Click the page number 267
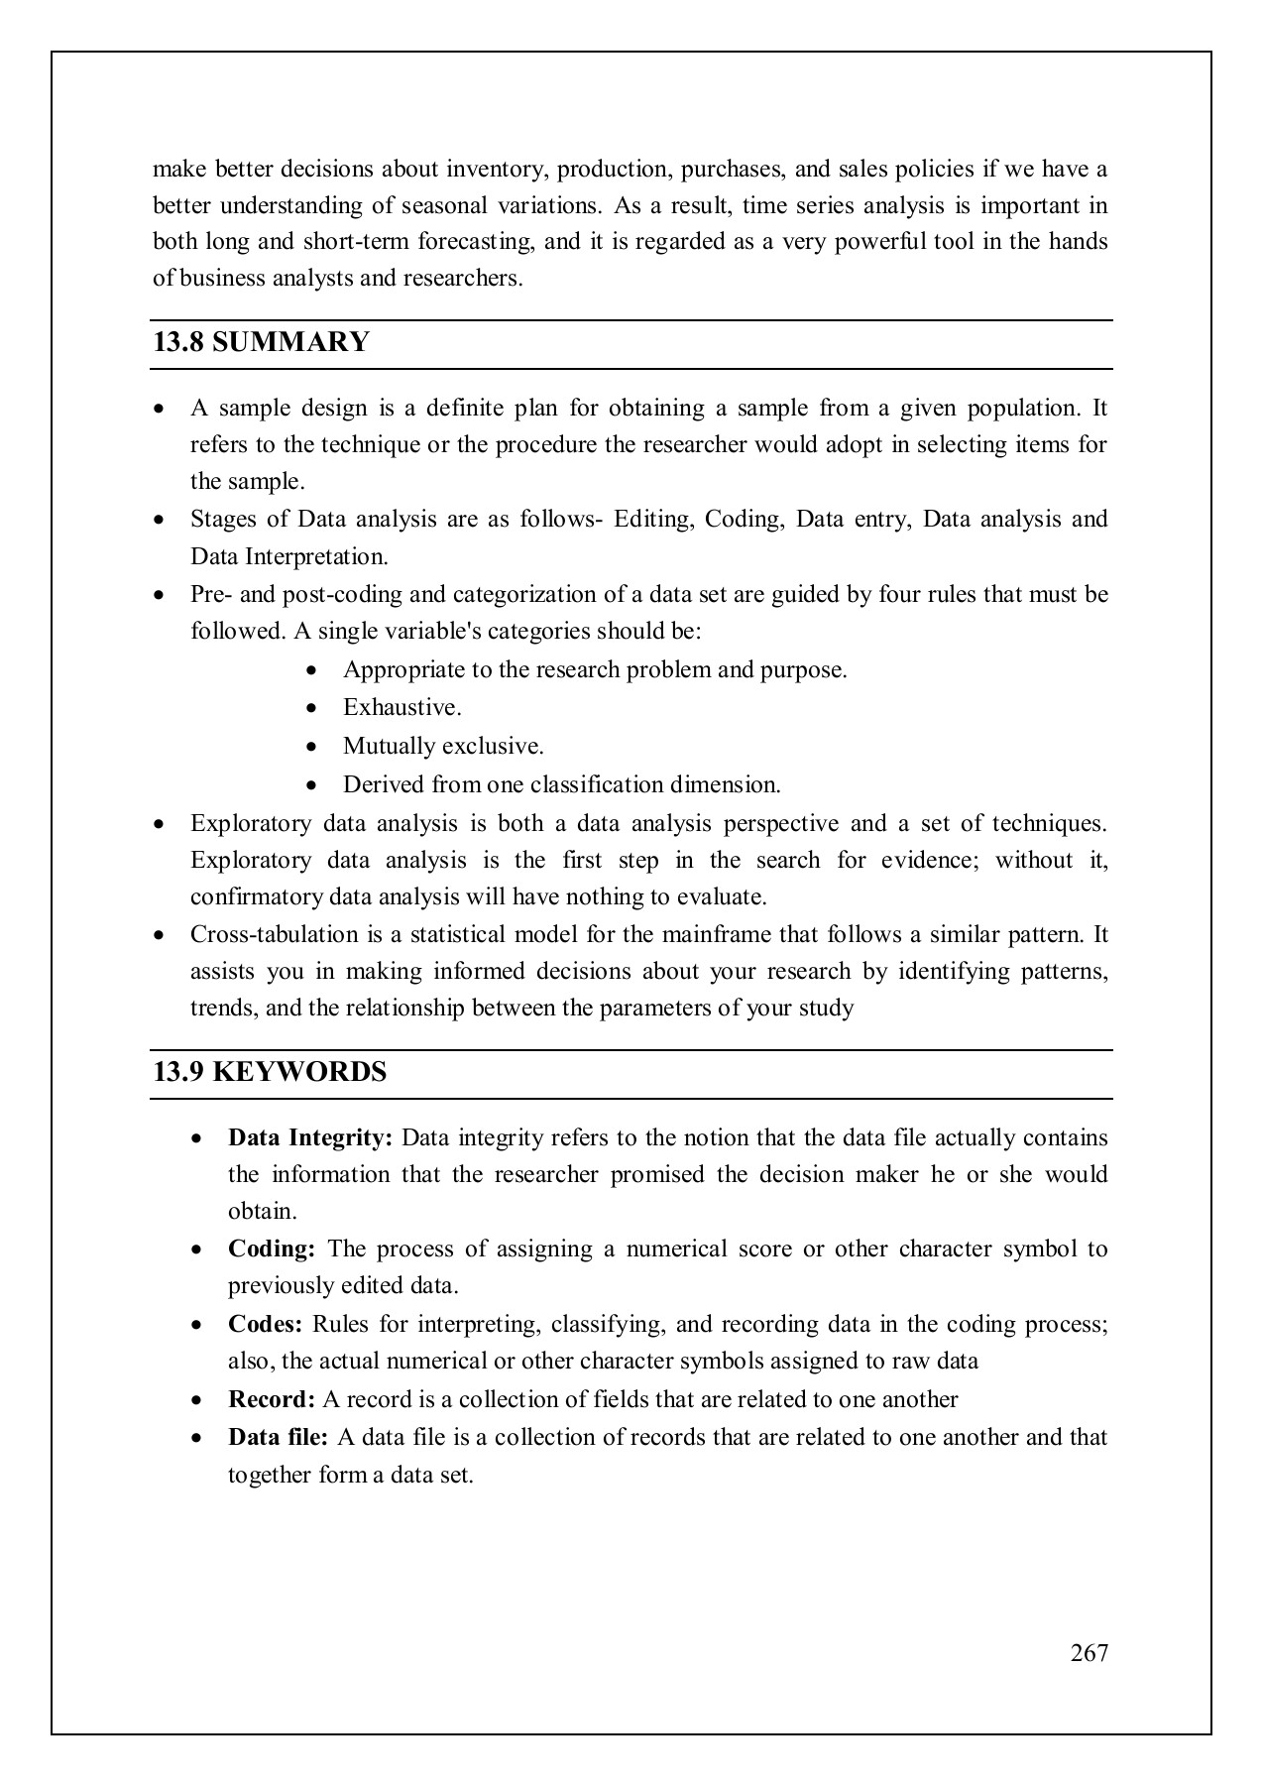tap(1089, 1652)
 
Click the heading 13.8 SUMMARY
tap(261, 343)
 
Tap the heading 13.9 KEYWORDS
tap(270, 1073)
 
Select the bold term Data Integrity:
tap(310, 1137)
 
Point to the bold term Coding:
tap(271, 1249)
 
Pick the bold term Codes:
tap(265, 1324)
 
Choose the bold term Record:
tap(271, 1399)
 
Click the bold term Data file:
tap(278, 1437)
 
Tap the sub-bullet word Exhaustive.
tap(402, 708)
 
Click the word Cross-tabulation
tap(274, 935)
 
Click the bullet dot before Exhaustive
tap(313, 708)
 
